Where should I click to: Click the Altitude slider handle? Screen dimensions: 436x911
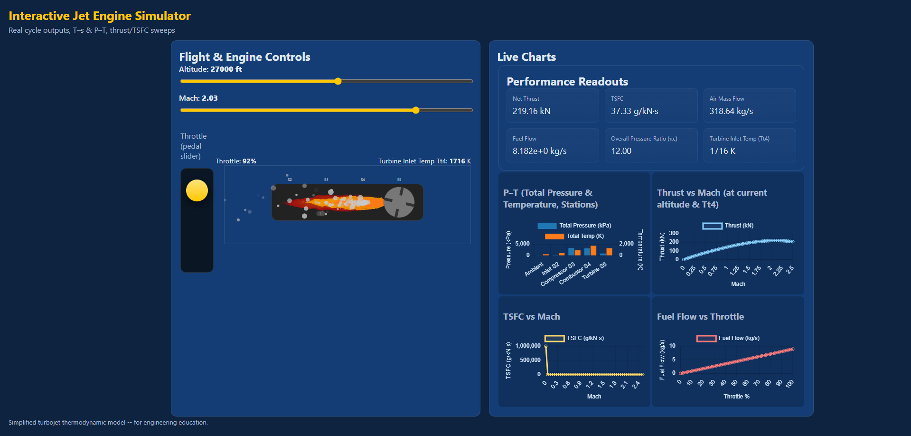pos(338,81)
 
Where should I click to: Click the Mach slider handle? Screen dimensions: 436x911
pos(416,110)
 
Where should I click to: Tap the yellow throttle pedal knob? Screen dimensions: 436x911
pos(197,190)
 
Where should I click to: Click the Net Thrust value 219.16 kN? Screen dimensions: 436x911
pos(531,111)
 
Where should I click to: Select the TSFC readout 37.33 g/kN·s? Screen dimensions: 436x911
pos(634,111)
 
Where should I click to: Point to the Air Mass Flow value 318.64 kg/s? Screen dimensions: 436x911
pos(731,111)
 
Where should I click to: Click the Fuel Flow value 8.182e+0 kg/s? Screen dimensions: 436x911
pos(539,151)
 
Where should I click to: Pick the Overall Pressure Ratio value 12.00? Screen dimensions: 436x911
pos(621,151)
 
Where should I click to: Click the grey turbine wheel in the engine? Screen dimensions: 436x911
pos(399,202)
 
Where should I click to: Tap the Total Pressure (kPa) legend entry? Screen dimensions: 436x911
pos(575,226)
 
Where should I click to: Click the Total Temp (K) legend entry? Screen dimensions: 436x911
pos(575,236)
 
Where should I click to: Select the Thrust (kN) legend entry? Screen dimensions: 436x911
pos(728,226)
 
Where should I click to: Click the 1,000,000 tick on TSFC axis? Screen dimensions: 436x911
pos(528,346)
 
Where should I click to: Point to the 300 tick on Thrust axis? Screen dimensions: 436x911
pos(674,233)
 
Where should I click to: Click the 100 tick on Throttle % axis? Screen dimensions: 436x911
pos(789,384)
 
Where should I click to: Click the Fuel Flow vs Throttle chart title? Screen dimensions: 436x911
pos(700,317)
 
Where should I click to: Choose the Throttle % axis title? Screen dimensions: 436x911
pos(736,397)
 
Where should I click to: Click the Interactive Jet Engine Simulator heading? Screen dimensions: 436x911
pos(100,16)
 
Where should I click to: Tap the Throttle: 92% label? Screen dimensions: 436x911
pos(235,161)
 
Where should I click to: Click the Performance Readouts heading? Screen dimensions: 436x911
pos(567,82)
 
